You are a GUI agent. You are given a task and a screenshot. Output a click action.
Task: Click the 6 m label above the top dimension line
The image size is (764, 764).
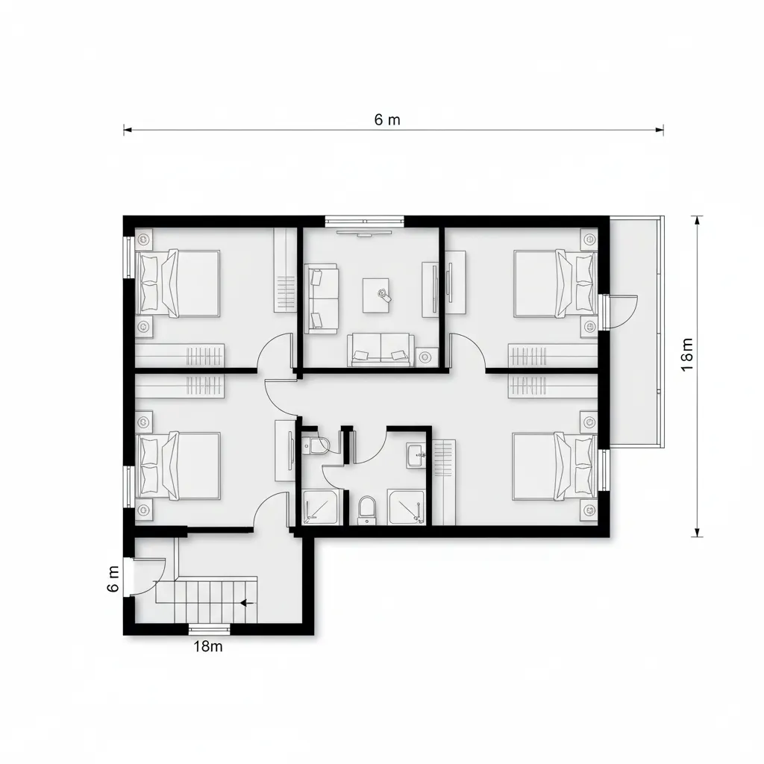pos(387,119)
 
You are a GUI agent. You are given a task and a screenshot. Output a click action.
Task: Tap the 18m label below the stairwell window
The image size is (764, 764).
pos(208,647)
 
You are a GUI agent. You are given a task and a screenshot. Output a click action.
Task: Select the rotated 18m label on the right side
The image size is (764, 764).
pos(688,354)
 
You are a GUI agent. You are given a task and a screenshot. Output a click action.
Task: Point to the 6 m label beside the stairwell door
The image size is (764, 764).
pos(113,579)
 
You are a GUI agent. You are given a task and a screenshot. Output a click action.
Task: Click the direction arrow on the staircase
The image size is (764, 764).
pos(248,601)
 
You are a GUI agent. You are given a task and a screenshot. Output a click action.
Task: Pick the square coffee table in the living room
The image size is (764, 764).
pos(376,295)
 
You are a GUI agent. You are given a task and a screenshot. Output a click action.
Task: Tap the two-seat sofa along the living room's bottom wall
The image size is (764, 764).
pos(381,349)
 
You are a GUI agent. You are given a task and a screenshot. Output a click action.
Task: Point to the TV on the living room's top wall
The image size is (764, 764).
pos(365,233)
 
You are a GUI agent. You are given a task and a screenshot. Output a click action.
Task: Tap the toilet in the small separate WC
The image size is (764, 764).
pos(317,445)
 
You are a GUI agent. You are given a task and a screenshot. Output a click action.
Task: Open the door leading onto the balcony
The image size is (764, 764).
pos(621,310)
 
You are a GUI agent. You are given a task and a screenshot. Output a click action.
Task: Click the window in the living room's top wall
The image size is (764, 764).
pos(365,220)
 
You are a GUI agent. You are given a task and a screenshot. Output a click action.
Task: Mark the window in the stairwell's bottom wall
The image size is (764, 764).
pos(210,628)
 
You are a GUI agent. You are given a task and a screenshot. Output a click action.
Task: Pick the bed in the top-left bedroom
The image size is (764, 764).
pos(178,284)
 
